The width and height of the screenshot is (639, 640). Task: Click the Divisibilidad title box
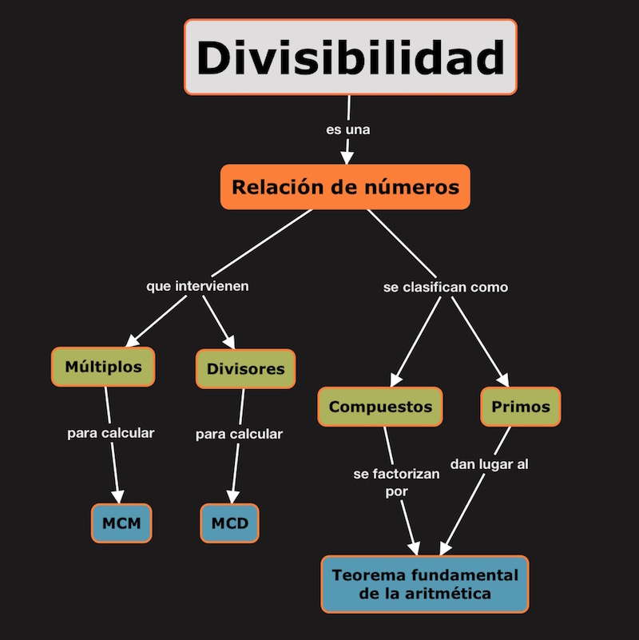click(351, 58)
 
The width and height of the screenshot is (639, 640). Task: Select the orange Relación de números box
click(345, 188)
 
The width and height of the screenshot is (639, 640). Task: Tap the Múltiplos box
click(103, 367)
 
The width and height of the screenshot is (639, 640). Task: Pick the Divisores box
click(245, 369)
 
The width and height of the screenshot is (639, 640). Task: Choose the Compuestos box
click(380, 407)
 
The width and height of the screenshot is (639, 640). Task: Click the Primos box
click(521, 407)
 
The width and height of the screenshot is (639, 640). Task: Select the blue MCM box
click(121, 524)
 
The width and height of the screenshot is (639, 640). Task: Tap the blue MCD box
click(229, 524)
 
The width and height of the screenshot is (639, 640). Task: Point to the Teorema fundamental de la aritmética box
click(425, 585)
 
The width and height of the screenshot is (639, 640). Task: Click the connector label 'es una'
click(348, 129)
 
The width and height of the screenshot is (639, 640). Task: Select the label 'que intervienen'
click(197, 285)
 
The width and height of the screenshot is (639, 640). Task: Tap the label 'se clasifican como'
click(446, 287)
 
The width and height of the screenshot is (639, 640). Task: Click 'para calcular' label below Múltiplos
click(110, 433)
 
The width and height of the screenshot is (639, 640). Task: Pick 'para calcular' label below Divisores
click(239, 435)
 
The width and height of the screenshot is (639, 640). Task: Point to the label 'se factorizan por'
click(396, 483)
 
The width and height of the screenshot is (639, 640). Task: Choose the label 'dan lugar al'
click(489, 464)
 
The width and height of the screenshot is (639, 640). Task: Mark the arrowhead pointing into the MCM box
click(120, 495)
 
